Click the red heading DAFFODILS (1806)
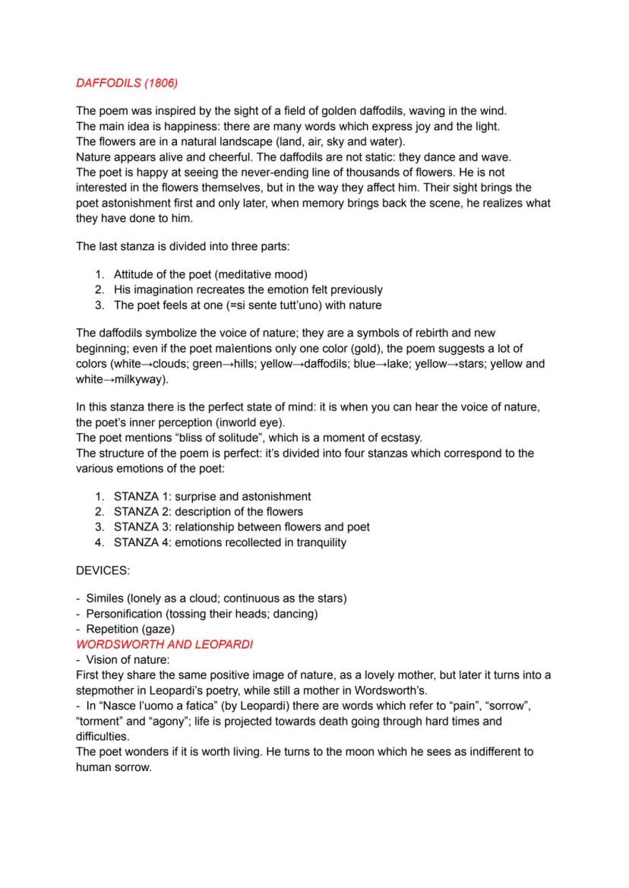coord(127,82)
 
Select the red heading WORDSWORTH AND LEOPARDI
coord(164,644)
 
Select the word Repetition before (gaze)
coord(115,629)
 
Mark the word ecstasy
coord(400,438)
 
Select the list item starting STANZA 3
coord(242,526)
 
